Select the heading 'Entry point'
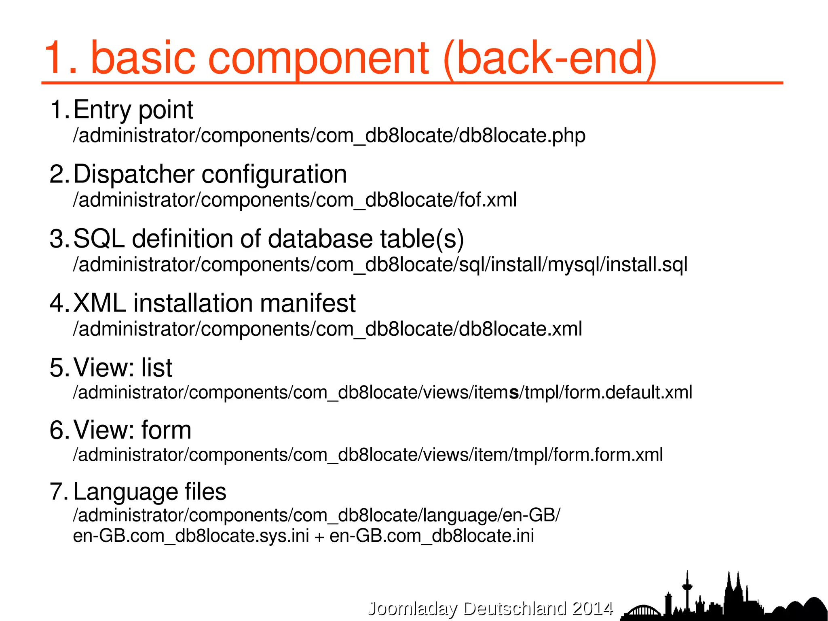click(133, 110)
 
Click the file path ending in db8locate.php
click(329, 136)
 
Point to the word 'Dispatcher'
click(134, 174)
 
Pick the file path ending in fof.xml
click(295, 200)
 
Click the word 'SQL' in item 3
click(99, 239)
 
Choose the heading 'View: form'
click(132, 430)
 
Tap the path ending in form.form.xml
click(368, 455)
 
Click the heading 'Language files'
click(150, 492)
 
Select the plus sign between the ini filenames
click(319, 537)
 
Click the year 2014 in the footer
click(593, 608)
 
